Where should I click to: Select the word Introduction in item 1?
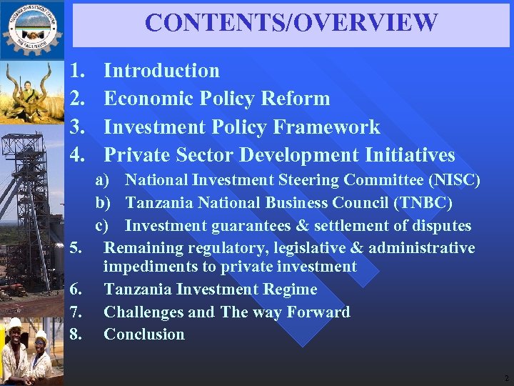pyautogui.click(x=162, y=70)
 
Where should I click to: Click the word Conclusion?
pyautogui.click(x=144, y=334)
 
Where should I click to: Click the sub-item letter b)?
pyautogui.click(x=104, y=204)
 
